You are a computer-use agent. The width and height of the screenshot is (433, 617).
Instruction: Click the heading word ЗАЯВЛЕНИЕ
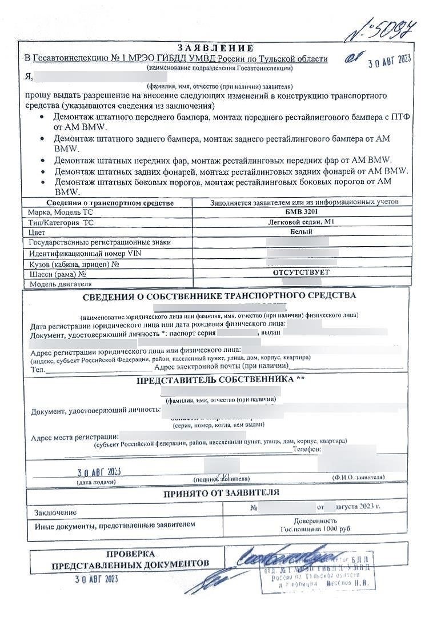click(x=215, y=47)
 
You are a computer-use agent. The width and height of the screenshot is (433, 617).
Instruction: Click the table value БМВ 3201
click(x=300, y=212)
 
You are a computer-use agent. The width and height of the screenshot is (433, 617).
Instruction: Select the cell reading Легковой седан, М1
click(x=300, y=222)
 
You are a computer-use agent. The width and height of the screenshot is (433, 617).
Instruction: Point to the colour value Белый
click(x=300, y=232)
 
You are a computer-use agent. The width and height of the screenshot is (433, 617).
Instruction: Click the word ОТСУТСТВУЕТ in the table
click(x=300, y=273)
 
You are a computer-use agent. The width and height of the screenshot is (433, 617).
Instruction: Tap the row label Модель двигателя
click(x=61, y=283)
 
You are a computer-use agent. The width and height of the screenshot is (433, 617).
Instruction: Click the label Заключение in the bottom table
click(x=55, y=512)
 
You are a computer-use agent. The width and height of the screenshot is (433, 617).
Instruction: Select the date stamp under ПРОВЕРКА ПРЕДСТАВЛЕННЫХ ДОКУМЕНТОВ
click(x=95, y=579)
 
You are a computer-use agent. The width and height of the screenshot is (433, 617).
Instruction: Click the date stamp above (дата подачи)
click(x=99, y=472)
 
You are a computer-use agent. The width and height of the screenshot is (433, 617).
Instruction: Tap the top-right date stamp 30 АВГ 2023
click(x=389, y=61)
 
